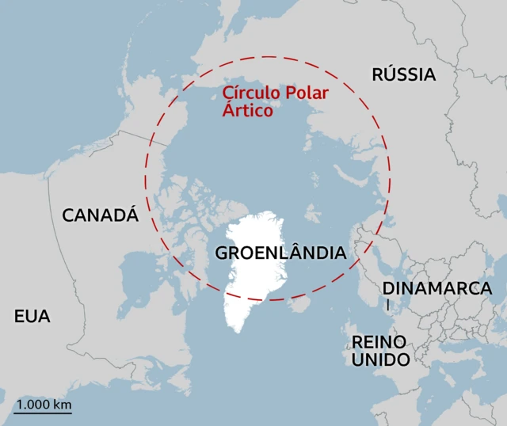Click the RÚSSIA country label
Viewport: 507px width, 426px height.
(x=404, y=75)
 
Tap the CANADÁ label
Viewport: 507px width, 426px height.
(x=100, y=215)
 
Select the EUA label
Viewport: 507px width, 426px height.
(x=32, y=317)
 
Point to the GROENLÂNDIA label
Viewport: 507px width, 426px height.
(x=281, y=253)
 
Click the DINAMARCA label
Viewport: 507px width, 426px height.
(x=437, y=288)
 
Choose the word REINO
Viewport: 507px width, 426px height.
(x=379, y=341)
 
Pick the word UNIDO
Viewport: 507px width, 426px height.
(x=381, y=360)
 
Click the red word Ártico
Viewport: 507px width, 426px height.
(x=247, y=112)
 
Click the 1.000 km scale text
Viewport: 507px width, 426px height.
(x=44, y=405)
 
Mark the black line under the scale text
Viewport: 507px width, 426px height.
(x=44, y=414)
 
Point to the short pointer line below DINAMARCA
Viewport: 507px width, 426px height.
(x=388, y=304)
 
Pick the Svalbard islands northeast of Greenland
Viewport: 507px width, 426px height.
(x=313, y=212)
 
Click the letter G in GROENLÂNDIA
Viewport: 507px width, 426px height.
(x=223, y=253)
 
